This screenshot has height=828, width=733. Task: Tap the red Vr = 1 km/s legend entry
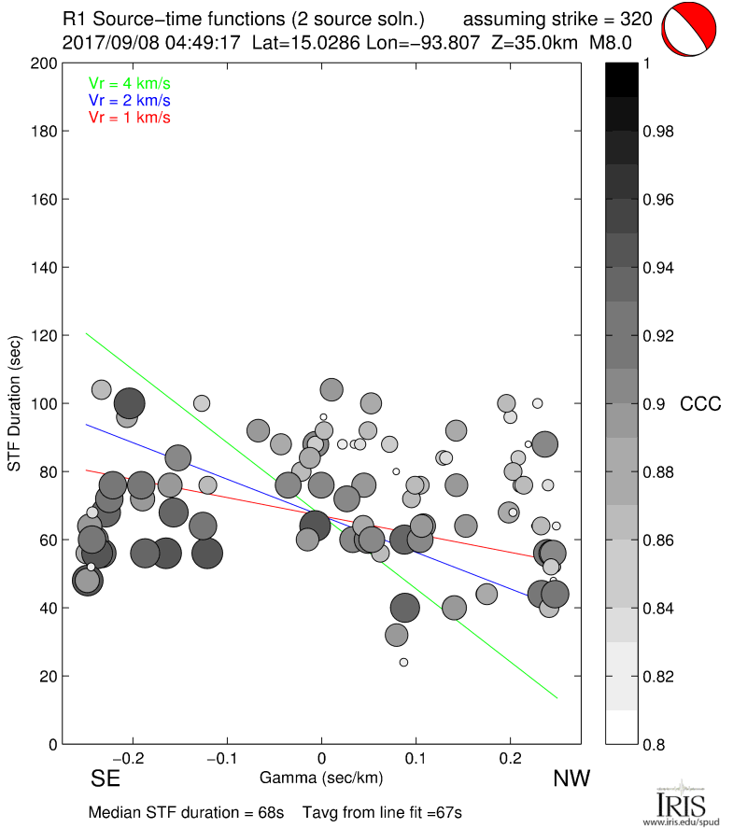pos(129,118)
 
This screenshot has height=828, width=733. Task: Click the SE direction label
pos(106,779)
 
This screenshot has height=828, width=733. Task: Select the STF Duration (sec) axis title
pos(15,404)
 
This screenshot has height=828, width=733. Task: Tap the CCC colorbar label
pos(700,404)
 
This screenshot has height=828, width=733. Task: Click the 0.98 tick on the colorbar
pos(658,132)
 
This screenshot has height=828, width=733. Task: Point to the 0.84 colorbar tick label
pos(658,609)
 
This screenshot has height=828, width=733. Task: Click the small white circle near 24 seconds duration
pos(403,663)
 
